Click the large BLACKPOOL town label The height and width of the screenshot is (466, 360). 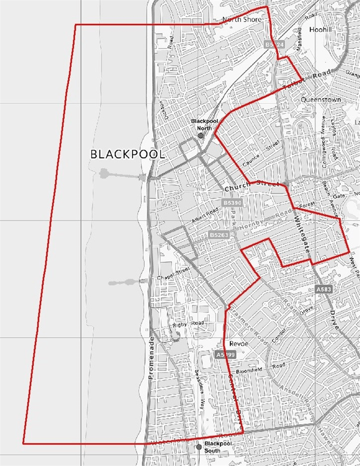point(127,154)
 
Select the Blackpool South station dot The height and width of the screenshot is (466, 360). point(199,447)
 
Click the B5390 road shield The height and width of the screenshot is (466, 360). point(233,203)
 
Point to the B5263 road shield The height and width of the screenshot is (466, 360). point(219,235)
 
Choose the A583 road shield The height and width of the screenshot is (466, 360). point(324,290)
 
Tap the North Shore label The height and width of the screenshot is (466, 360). point(242,20)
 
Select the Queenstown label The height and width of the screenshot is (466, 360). point(321,99)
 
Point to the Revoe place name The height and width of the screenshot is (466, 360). point(237,343)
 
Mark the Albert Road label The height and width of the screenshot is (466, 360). point(205,219)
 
